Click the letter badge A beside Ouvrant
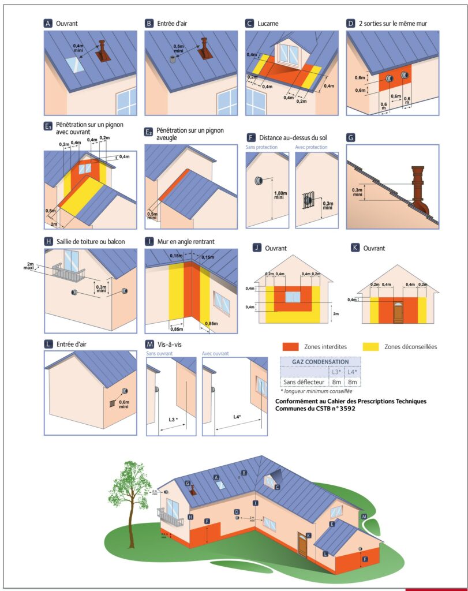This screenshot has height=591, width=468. click(x=48, y=24)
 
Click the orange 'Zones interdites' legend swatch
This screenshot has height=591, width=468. click(x=290, y=346)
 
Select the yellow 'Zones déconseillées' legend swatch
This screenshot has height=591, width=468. click(x=370, y=346)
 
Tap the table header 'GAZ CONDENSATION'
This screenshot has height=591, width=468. click(x=320, y=362)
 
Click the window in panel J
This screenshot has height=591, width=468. click(x=293, y=297)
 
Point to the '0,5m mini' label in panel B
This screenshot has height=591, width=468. click(x=181, y=47)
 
